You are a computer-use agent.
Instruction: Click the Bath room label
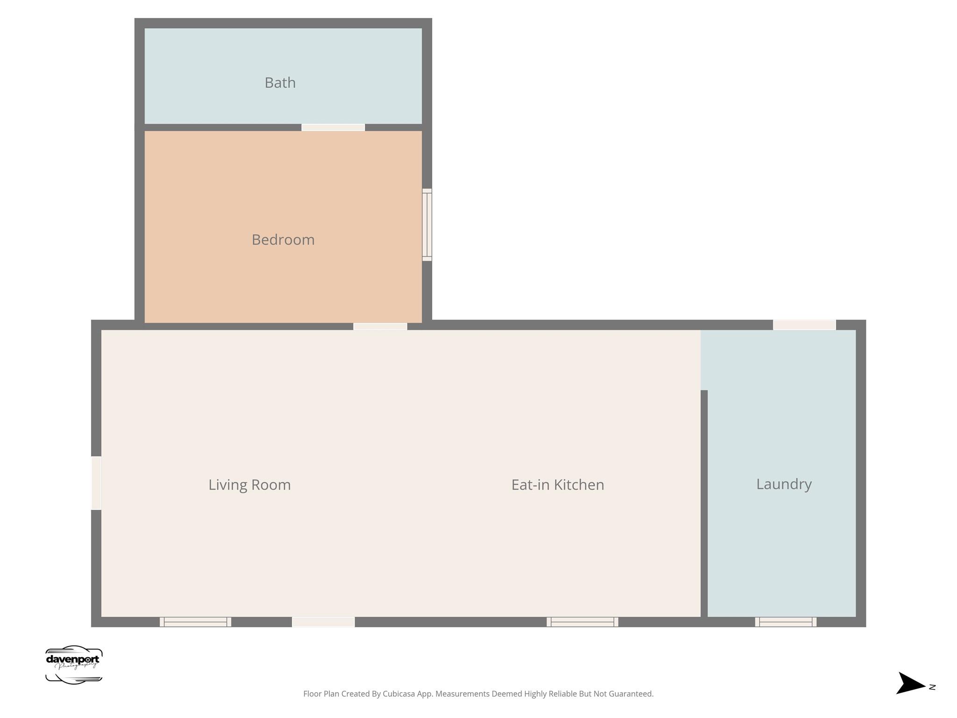[x=280, y=83]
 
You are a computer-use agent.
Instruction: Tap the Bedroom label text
[x=283, y=240]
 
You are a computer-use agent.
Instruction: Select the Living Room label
[x=250, y=485]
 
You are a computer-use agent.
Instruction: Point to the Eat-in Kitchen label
[x=557, y=485]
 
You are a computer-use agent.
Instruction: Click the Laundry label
[x=784, y=484]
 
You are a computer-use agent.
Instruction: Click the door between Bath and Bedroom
[x=333, y=127]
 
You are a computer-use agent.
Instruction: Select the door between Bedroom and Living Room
[x=380, y=326]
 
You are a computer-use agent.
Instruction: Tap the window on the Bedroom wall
[x=427, y=225]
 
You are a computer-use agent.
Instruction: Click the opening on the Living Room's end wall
[x=96, y=483]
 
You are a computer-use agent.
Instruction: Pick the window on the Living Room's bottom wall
[x=195, y=622]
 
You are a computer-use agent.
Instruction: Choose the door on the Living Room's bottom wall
[x=323, y=622]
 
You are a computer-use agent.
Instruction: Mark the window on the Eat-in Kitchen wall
[x=582, y=622]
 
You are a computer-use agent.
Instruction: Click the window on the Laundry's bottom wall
[x=786, y=622]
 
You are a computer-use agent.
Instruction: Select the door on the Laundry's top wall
[x=804, y=325]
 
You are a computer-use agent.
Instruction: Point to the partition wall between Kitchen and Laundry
[x=704, y=503]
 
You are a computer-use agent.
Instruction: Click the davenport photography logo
[x=74, y=665]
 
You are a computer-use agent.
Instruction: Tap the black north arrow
[x=910, y=683]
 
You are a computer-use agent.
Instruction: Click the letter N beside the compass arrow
[x=932, y=687]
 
